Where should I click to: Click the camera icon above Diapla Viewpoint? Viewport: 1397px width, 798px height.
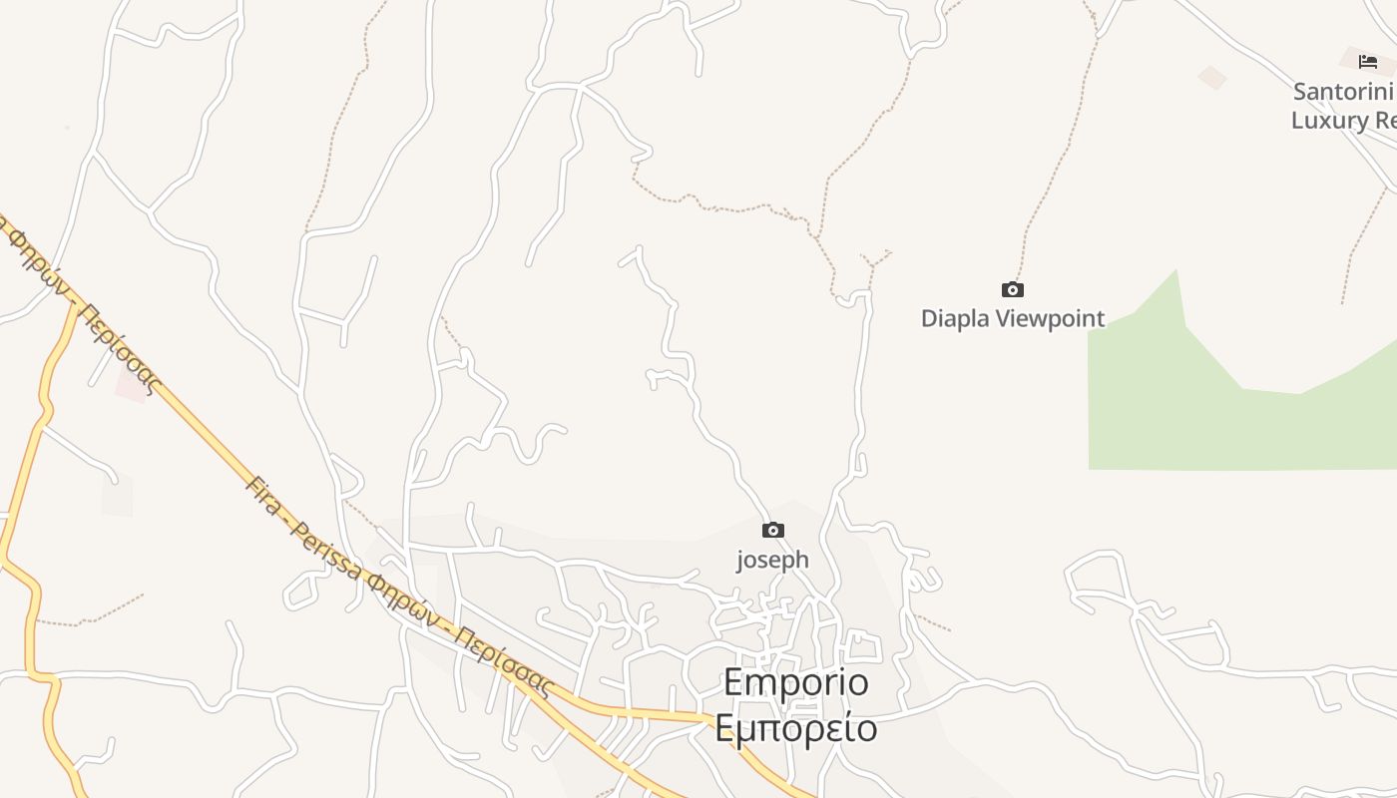(1013, 290)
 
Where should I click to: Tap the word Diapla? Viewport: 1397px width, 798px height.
(955, 319)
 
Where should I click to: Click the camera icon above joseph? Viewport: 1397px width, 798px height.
(773, 531)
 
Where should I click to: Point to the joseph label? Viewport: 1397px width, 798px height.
(772, 561)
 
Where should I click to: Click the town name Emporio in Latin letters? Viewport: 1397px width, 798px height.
(795, 683)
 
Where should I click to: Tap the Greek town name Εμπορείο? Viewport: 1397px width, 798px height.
(795, 728)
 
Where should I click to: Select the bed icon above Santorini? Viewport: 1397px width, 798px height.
(1368, 62)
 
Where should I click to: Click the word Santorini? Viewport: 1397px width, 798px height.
(1342, 92)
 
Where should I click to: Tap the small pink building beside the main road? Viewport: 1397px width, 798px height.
(131, 381)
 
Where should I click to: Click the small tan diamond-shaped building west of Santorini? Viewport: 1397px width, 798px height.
(1212, 77)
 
